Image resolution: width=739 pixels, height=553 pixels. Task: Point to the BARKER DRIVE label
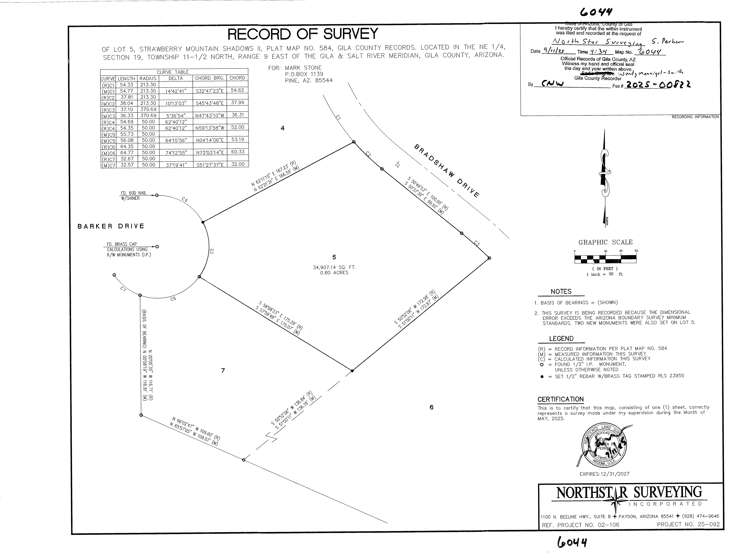point(111,226)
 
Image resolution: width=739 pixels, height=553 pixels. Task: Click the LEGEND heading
point(561,339)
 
